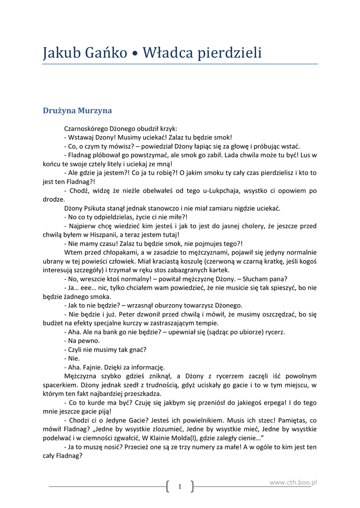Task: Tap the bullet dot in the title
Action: point(135,53)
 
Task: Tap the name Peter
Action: point(117,314)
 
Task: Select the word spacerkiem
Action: point(59,384)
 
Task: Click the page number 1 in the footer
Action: point(180,487)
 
